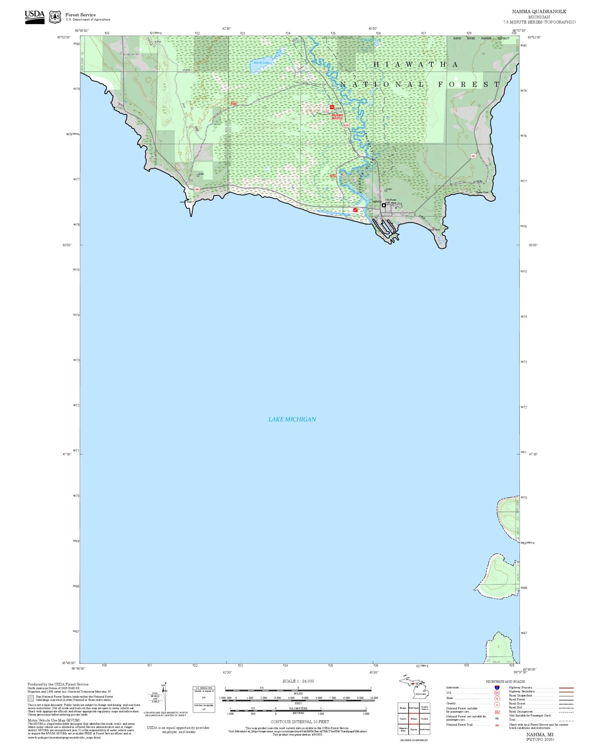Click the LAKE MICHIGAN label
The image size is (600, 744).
[x=292, y=419]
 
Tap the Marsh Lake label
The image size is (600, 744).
[x=261, y=63]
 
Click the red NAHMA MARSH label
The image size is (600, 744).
[x=337, y=117]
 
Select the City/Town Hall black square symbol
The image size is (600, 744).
[x=384, y=205]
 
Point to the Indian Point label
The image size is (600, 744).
[x=186, y=202]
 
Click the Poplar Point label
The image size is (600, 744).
[x=482, y=193]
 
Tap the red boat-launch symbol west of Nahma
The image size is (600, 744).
[x=355, y=210]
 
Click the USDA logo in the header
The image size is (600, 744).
[x=34, y=17]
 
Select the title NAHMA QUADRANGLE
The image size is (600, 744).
[x=539, y=12]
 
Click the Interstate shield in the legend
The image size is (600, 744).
[x=497, y=687]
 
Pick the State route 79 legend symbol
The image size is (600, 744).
[x=497, y=698]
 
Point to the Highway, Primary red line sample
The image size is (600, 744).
[x=566, y=688]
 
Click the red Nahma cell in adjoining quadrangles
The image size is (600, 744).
[x=414, y=719]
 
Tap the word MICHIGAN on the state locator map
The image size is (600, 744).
[x=420, y=694]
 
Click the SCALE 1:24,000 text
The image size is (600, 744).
[x=298, y=681]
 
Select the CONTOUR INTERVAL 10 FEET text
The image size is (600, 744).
[x=300, y=722]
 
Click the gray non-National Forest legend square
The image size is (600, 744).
[x=31, y=698]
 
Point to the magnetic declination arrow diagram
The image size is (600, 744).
[x=164, y=696]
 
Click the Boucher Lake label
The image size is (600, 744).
[x=372, y=40]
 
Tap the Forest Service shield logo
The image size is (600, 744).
[x=55, y=17]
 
